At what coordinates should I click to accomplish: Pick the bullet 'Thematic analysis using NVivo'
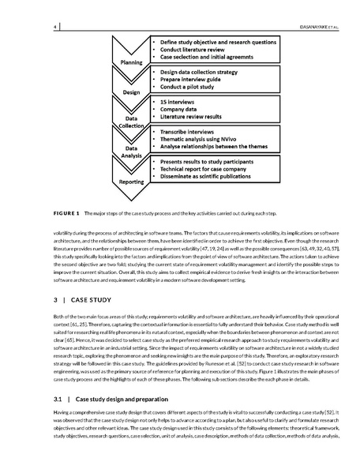pyautogui.click(x=202, y=139)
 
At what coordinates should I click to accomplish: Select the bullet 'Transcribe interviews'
pyautogui.click(x=192, y=130)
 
